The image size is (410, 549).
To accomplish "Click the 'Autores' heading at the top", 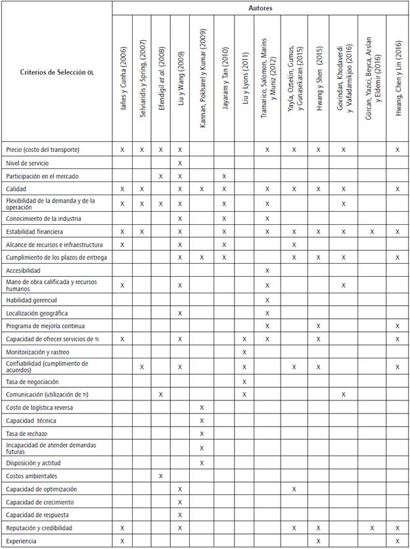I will click(x=260, y=8).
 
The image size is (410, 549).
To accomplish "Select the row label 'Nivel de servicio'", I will click(x=27, y=162).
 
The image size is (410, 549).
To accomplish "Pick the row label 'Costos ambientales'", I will click(x=31, y=475).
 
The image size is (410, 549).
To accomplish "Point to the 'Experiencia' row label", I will click(x=22, y=540).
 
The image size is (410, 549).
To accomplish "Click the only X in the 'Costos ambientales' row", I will click(x=161, y=475).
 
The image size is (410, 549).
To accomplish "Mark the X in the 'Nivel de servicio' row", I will click(x=179, y=162).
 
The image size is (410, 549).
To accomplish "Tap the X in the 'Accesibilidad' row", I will click(x=267, y=270).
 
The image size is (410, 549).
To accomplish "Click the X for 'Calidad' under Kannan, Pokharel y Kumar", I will click(x=202, y=189).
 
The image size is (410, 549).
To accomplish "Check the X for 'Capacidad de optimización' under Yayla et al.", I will click(x=294, y=489).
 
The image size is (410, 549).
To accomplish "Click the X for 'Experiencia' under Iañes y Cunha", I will click(x=123, y=540).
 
